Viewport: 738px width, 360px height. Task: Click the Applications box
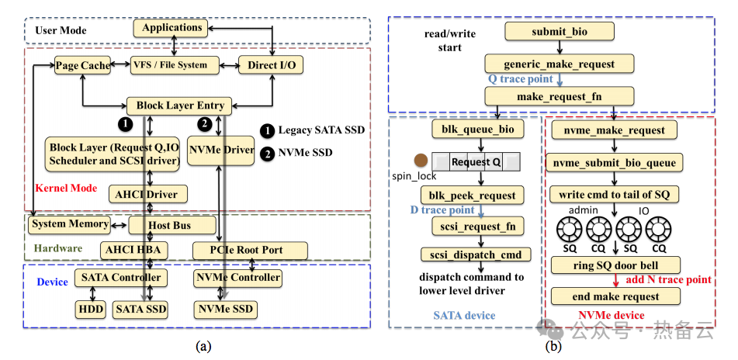click(x=172, y=28)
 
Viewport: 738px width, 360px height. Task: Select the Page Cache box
click(x=82, y=66)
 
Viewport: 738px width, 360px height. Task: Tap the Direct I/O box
click(x=271, y=66)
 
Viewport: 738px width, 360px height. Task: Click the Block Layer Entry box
click(x=180, y=106)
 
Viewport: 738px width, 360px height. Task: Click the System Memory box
click(x=69, y=225)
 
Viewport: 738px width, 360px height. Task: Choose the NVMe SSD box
click(x=224, y=309)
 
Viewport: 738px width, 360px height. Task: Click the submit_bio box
click(x=559, y=31)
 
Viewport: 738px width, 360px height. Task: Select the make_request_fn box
click(x=559, y=96)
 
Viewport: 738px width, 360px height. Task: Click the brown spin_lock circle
click(x=421, y=161)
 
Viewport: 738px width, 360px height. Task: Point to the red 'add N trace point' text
click(x=668, y=280)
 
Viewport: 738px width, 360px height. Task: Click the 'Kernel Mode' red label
click(x=66, y=189)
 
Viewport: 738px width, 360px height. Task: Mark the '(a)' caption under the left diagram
click(x=203, y=346)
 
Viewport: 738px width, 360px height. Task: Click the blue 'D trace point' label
click(x=442, y=210)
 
